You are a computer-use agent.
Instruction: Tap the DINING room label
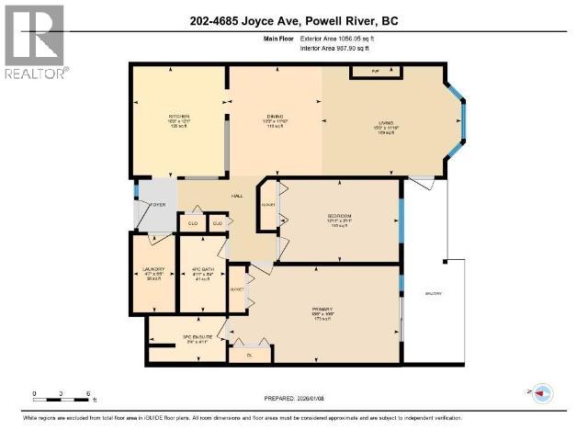point(276,116)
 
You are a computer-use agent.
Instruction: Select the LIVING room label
point(384,126)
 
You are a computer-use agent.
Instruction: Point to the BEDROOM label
point(340,217)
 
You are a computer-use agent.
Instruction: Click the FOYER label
point(158,204)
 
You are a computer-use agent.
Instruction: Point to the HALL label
point(236,197)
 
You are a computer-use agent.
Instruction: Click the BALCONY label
point(434,293)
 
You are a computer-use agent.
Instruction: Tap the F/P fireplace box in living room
point(375,71)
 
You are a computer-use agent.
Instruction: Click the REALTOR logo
point(34,41)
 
